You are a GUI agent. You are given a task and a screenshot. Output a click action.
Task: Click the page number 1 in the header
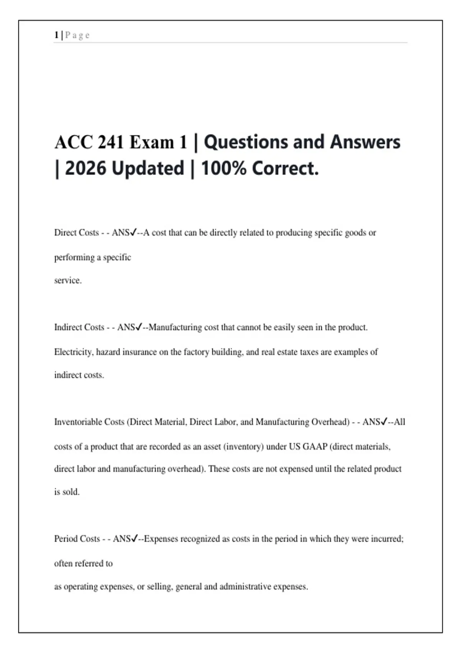(56, 35)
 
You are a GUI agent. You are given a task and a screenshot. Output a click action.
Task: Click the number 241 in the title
(110, 143)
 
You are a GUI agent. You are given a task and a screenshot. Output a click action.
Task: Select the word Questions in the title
(245, 142)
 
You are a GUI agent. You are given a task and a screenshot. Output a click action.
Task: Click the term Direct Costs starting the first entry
(77, 233)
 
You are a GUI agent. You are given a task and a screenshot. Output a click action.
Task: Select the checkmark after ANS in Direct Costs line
(133, 232)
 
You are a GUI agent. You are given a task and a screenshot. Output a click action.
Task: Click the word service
(68, 280)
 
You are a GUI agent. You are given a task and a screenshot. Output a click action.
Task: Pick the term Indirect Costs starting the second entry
(79, 328)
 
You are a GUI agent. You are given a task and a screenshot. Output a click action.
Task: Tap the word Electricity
(73, 352)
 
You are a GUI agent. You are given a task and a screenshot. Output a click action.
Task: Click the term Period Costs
(77, 539)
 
